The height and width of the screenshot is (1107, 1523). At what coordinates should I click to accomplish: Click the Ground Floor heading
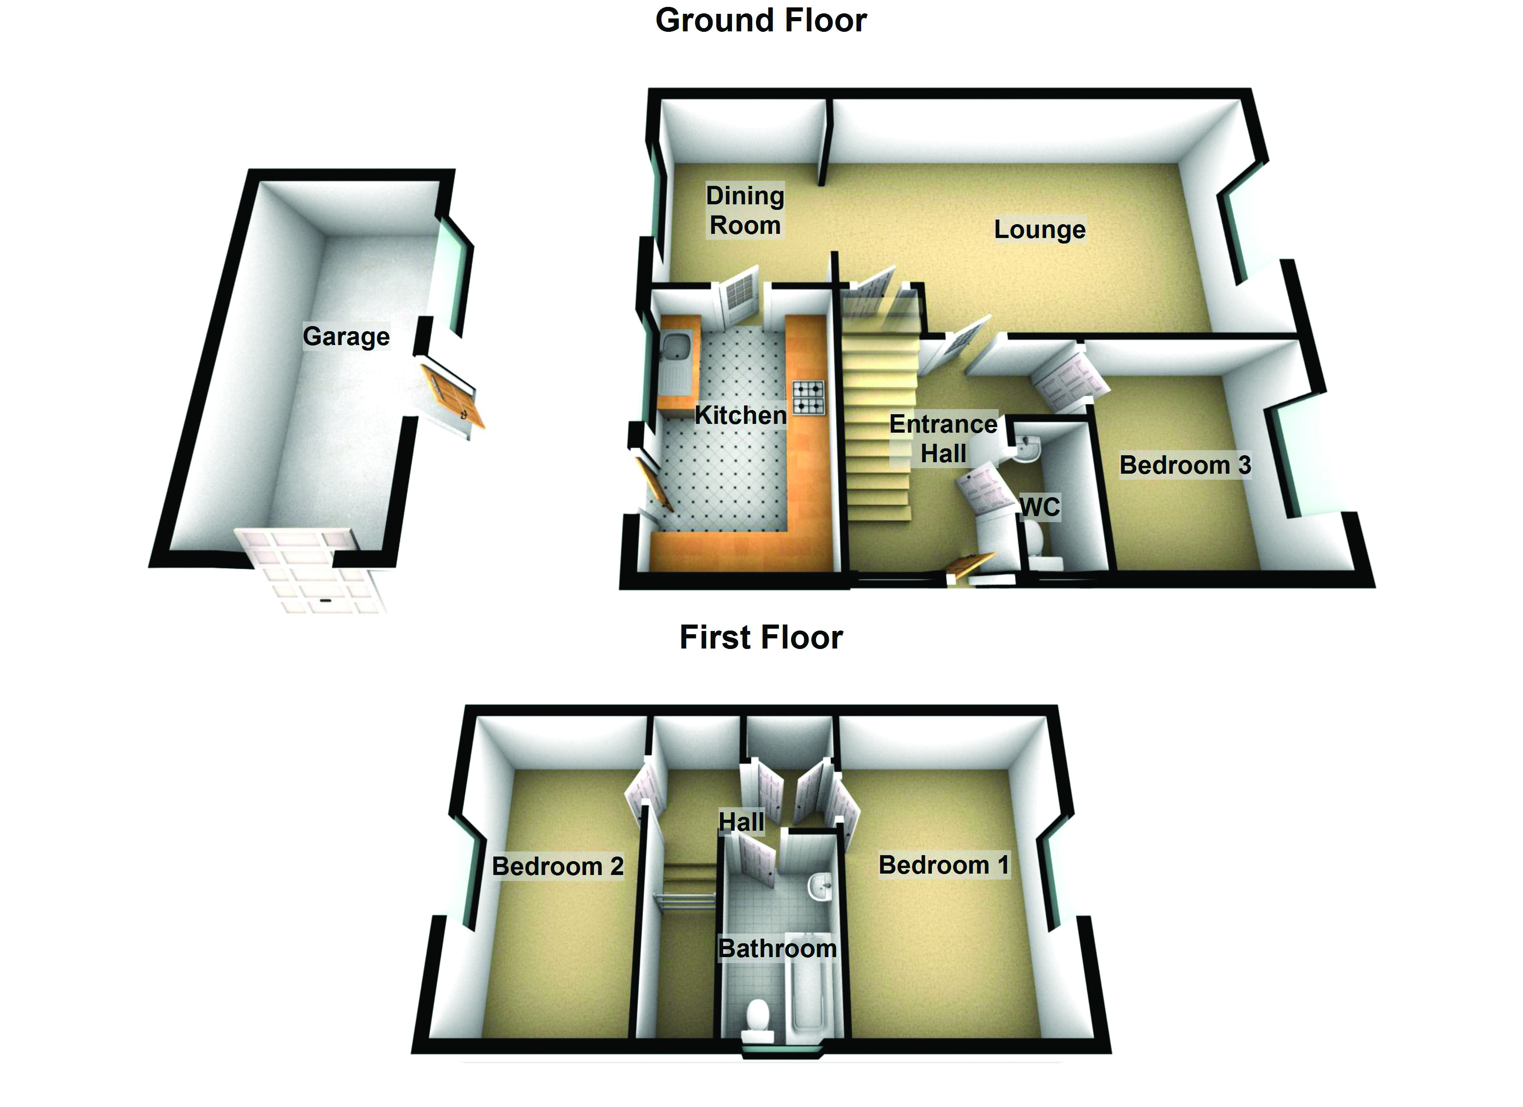761,20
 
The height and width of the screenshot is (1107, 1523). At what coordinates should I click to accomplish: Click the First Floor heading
761,637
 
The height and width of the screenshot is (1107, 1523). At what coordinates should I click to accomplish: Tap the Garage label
346,336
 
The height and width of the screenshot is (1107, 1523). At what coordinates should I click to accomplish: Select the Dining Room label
745,210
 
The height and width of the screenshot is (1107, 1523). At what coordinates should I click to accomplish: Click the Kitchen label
740,415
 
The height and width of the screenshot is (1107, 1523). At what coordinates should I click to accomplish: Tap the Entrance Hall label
943,438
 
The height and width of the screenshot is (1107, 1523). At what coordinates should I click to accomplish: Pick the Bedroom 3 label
1185,464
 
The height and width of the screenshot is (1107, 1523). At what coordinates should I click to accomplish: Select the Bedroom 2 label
558,866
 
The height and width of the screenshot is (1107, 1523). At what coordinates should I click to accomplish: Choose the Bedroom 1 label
943,865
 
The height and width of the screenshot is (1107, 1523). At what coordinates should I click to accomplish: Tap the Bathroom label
778,949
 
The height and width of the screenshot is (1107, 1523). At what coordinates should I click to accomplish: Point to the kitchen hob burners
809,398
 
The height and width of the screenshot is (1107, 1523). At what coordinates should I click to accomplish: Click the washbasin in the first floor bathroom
819,885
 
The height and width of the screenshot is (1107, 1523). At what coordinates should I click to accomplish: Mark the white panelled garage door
316,571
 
